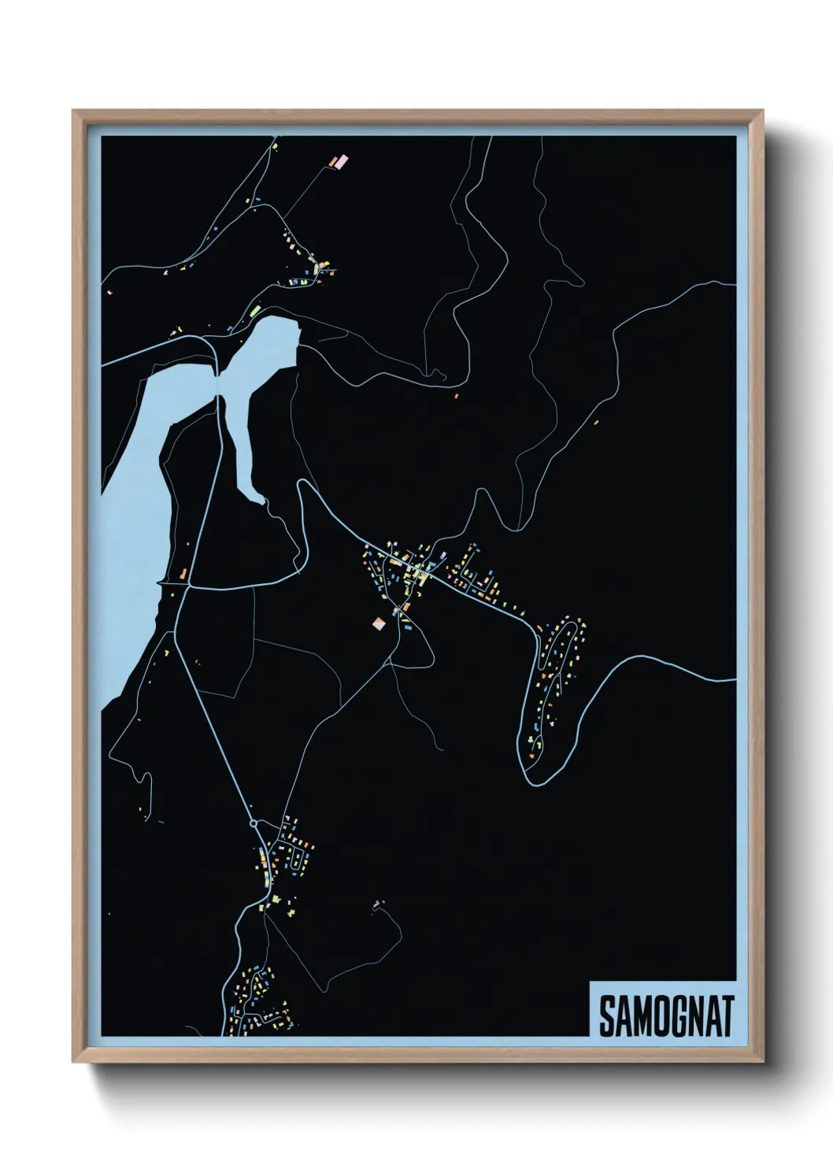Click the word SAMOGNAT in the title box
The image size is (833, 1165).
pos(666,1016)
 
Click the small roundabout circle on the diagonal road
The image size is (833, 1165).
pos(254,823)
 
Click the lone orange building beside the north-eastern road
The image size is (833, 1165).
pos(596,423)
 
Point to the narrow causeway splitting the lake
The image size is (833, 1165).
pos(218,386)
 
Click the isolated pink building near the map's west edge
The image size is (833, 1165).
pos(109,292)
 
